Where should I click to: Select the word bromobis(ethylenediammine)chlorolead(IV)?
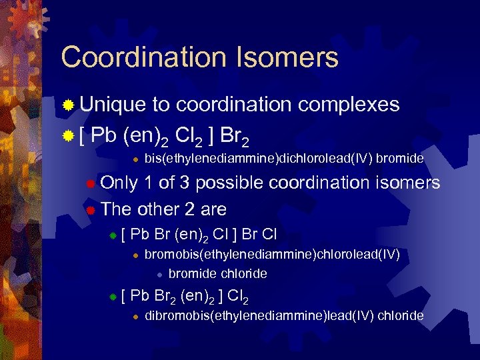(272, 254)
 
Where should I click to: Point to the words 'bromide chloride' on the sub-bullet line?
(217, 274)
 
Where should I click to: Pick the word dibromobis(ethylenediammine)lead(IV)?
(259, 315)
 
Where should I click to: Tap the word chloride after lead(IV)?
(400, 315)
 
